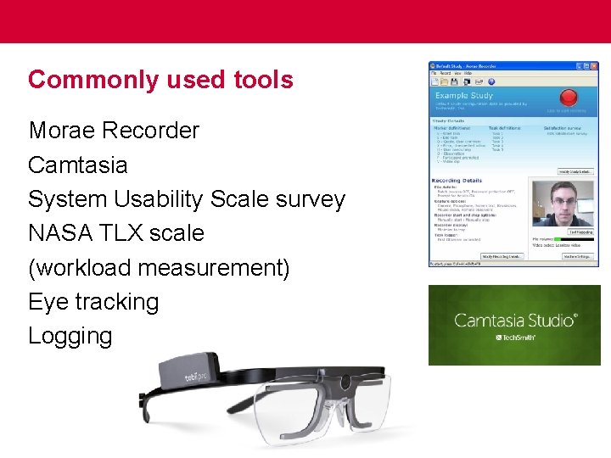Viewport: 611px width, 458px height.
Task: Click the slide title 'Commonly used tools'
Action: click(x=160, y=80)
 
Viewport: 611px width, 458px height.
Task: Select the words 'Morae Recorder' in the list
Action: click(x=114, y=131)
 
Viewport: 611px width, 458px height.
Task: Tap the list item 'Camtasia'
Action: click(x=77, y=165)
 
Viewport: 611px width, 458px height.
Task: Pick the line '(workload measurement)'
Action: click(x=159, y=268)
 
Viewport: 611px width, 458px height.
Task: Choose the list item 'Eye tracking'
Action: click(x=93, y=302)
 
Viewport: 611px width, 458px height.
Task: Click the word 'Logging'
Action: click(x=70, y=336)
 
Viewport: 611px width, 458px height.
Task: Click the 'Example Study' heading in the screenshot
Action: click(x=464, y=96)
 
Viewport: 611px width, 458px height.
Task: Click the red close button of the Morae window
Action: click(x=595, y=66)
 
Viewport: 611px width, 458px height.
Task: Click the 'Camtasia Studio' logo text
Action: click(x=515, y=321)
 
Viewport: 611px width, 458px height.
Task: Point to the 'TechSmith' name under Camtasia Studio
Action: click(x=519, y=338)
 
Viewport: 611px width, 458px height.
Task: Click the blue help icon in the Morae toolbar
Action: click(x=490, y=81)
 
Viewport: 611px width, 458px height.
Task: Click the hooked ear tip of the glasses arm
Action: click(x=145, y=399)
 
